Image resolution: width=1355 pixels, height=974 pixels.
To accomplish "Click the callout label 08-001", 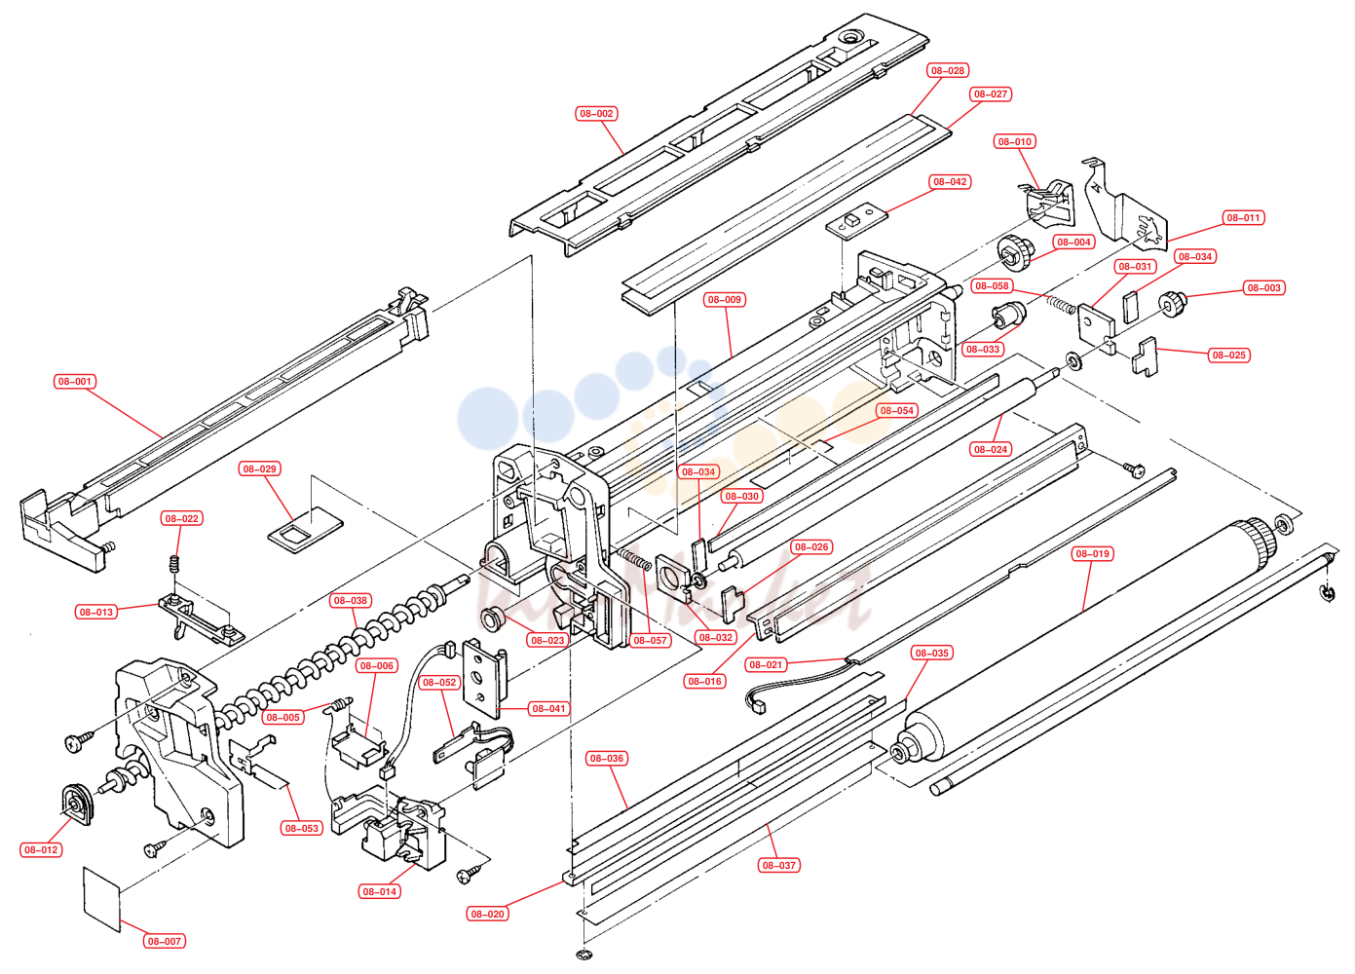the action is coord(74,382).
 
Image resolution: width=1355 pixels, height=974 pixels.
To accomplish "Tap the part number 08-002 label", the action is coord(596,114).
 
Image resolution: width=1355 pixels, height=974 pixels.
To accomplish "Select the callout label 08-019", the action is coord(1092,553).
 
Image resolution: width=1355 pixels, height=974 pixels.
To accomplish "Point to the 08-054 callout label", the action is coord(896,411).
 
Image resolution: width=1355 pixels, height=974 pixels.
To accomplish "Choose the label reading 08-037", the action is coord(779,865).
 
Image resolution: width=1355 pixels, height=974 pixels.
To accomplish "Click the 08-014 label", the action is coord(379,891).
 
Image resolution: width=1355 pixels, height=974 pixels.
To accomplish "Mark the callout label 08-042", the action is coord(950,181).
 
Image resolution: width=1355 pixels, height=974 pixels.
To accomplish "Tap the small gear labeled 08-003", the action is coord(1172,304).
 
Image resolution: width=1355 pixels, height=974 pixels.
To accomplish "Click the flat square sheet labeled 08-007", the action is coord(101,898).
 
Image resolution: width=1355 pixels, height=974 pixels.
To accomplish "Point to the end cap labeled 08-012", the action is coord(77,804).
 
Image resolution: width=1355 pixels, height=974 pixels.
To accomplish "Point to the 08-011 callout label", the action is coord(1243,218).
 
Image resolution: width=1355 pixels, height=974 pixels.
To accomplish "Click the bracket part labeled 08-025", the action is coord(1144,356).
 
